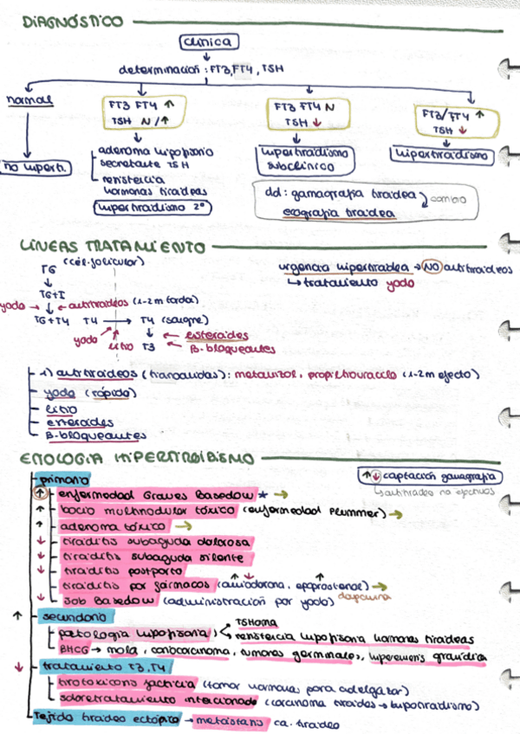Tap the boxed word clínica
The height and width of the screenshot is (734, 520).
tap(205, 42)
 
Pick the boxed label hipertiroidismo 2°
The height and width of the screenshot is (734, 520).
tap(153, 208)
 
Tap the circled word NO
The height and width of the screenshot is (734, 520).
tap(431, 268)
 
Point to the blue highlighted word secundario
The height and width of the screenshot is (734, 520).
tap(76, 617)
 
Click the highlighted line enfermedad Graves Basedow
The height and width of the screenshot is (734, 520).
tap(156, 494)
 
